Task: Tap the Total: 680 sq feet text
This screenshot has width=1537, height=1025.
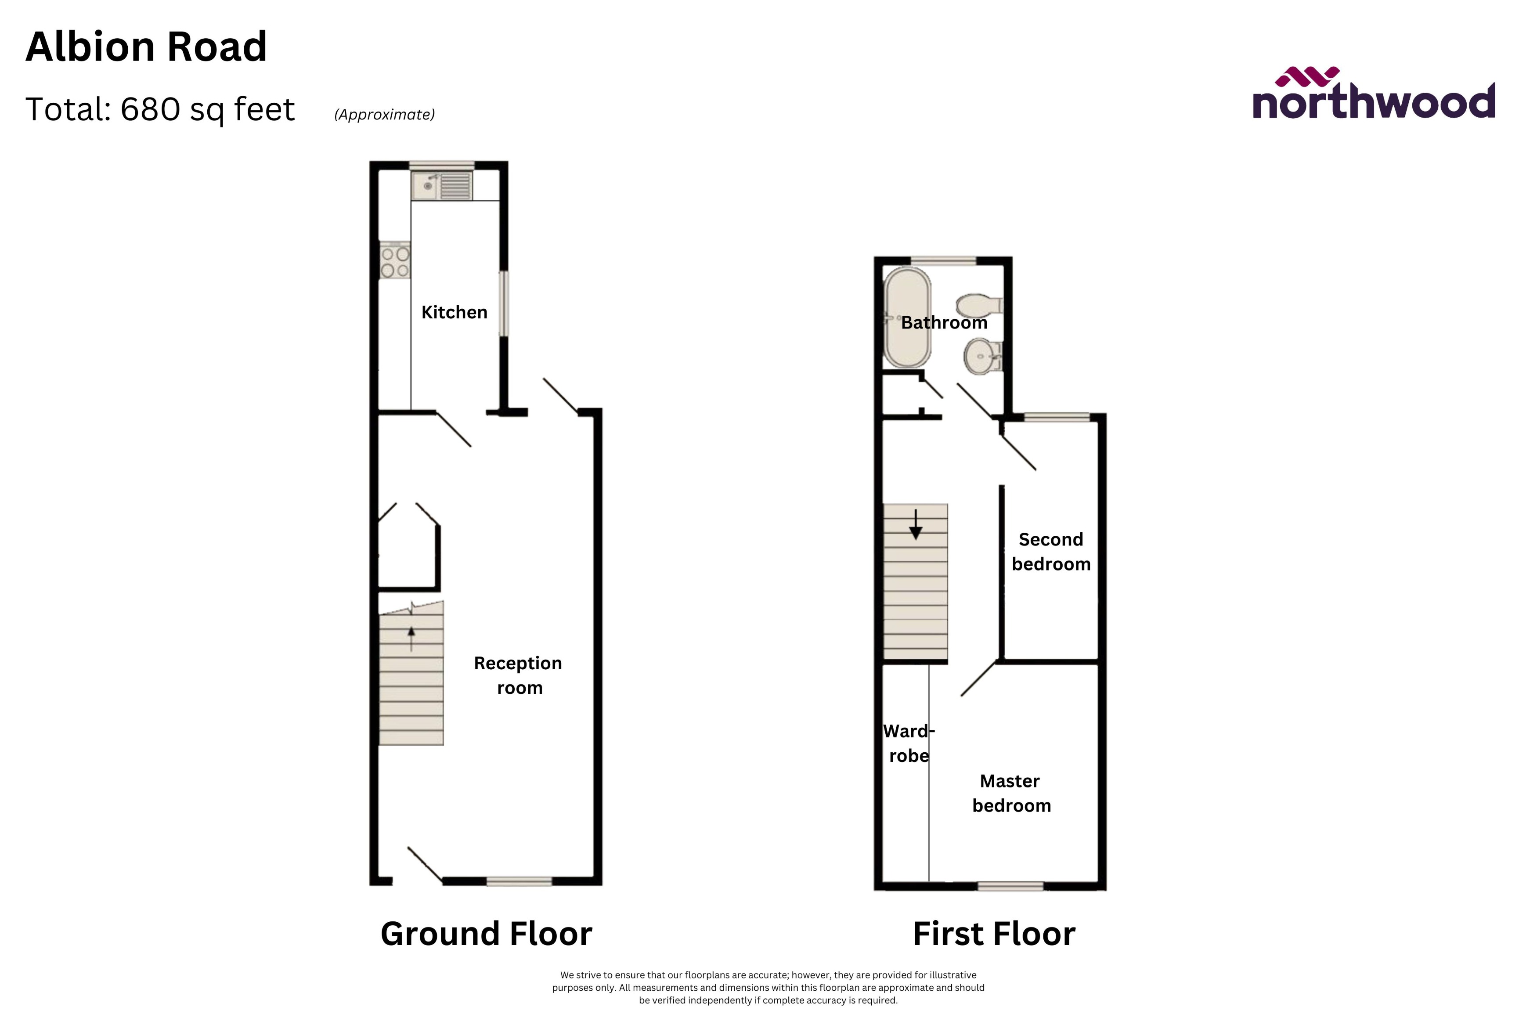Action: (160, 109)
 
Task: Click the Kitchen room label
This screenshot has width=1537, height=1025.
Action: (454, 313)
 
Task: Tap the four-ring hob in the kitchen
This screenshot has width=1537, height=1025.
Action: (395, 261)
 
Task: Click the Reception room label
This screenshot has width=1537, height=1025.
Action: (518, 675)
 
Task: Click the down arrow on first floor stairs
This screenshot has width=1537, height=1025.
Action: (916, 524)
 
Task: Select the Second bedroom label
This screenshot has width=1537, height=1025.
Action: (1051, 552)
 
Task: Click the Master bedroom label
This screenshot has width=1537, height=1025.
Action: (1011, 793)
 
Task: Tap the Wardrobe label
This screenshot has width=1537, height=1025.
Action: (908, 743)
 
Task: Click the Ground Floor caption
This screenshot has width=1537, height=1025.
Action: (486, 934)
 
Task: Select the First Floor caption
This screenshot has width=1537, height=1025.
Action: (993, 934)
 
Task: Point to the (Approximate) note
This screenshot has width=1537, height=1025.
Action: (384, 114)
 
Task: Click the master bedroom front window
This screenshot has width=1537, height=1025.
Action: (1010, 886)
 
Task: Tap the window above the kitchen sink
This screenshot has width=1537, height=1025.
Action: (442, 165)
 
